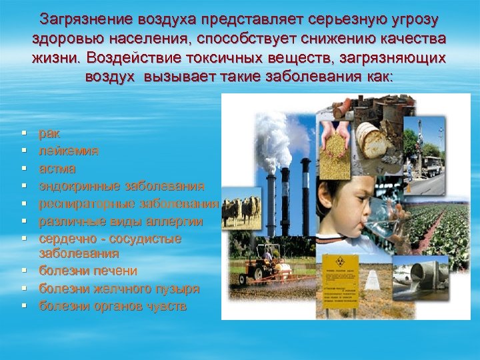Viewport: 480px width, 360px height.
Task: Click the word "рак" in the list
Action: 49,134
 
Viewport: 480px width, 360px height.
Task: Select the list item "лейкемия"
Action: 69,151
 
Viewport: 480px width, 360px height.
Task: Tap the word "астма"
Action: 57,169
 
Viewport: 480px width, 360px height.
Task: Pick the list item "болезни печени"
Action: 88,271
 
